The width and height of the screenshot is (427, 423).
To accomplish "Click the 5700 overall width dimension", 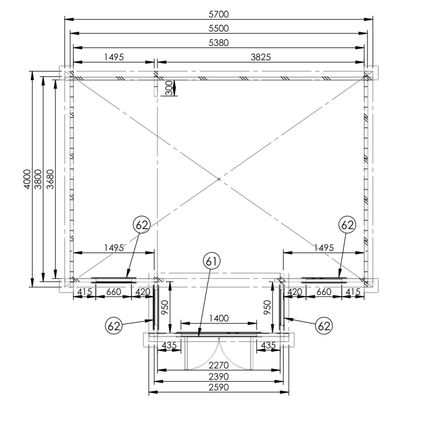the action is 219,14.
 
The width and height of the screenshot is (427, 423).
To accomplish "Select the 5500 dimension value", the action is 219,28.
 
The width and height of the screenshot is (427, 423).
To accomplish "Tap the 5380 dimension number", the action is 219,43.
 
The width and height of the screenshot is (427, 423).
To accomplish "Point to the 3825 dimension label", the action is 261,57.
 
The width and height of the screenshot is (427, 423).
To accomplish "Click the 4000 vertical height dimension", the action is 27,179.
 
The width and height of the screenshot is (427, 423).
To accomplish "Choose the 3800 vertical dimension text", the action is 39,179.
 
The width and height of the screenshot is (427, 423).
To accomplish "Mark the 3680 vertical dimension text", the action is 50,179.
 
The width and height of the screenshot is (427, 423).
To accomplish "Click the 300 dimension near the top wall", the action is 169,88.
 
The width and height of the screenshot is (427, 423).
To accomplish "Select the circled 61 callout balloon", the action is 211,262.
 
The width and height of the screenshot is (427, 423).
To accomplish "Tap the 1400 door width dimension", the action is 219,318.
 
